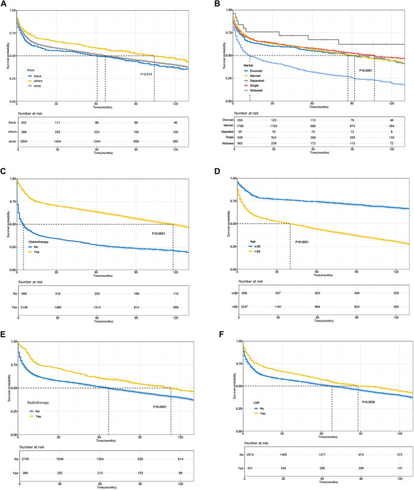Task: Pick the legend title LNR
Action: [240, 384]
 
